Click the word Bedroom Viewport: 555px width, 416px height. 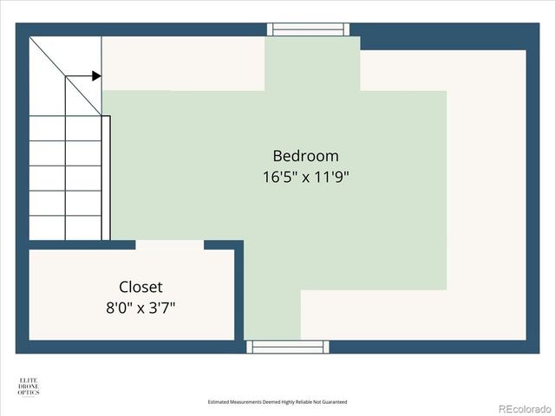(305, 156)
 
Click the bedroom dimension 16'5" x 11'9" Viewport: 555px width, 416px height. (305, 178)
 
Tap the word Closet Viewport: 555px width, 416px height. (140, 287)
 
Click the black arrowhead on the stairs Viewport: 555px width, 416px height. (95, 76)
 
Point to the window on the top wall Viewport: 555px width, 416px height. (311, 29)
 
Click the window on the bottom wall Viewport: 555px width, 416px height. (289, 347)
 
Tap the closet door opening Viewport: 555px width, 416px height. (169, 245)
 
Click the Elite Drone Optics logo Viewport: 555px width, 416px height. (28, 387)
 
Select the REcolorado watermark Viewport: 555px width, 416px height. (523, 408)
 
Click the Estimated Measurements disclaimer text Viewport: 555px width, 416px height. (277, 402)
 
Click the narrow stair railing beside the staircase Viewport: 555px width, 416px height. (106, 178)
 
